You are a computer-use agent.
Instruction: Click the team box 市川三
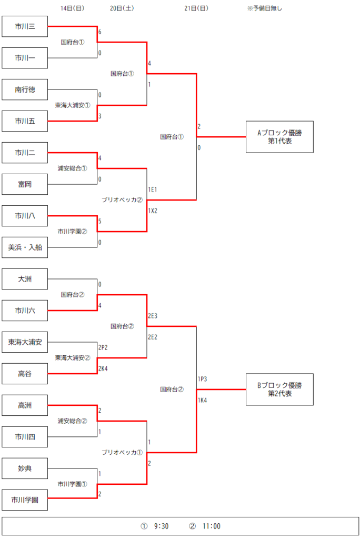tap(25, 26)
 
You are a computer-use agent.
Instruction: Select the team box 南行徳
tap(25, 89)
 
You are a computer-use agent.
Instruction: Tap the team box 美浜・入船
tap(25, 247)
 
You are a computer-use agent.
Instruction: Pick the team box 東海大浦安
tap(25, 342)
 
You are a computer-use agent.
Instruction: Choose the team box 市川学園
tap(25, 500)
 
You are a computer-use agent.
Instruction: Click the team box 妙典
tap(25, 468)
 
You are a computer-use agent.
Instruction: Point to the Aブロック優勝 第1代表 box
tap(279, 137)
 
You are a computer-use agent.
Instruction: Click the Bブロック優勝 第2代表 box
tap(279, 390)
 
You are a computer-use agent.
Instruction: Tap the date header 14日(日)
tap(72, 8)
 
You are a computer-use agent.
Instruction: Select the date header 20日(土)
tap(122, 8)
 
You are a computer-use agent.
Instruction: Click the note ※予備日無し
tap(264, 8)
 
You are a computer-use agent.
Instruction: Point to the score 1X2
tap(153, 211)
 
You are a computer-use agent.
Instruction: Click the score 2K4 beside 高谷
tap(103, 368)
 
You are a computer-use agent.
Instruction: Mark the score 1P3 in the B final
tap(202, 379)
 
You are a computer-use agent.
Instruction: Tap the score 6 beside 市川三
tap(99, 32)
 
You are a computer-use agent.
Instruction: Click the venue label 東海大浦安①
tap(73, 105)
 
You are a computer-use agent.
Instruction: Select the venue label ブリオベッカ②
tap(122, 199)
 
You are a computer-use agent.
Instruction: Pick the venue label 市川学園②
tap(73, 232)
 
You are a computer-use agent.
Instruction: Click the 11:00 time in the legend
tap(212, 526)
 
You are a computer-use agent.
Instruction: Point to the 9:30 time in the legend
tap(161, 526)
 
